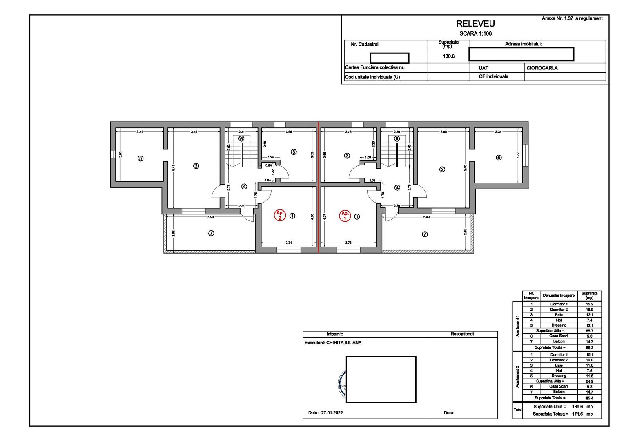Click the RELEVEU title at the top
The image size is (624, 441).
tap(475, 24)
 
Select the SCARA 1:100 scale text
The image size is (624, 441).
tap(475, 33)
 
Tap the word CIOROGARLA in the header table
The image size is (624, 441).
tap(542, 68)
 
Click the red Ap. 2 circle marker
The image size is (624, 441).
tap(280, 216)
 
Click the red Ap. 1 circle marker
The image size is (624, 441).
tap(345, 216)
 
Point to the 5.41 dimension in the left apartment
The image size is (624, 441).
tap(174, 167)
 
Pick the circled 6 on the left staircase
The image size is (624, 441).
tap(241, 139)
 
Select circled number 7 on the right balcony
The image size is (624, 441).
tap(425, 234)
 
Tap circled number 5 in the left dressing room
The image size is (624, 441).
tap(140, 158)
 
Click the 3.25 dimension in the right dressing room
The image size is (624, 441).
tap(498, 132)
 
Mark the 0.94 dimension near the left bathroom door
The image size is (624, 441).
tap(268, 165)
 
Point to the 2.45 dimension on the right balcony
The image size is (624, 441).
tap(465, 232)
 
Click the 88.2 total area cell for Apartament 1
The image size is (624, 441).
tap(589, 347)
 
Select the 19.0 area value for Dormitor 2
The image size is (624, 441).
tap(589, 360)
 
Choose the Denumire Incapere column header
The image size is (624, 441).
tap(558, 296)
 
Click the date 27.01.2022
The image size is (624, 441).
tap(332, 413)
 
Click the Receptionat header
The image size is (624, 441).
tap(462, 334)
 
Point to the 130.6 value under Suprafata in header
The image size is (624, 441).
tap(448, 56)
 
